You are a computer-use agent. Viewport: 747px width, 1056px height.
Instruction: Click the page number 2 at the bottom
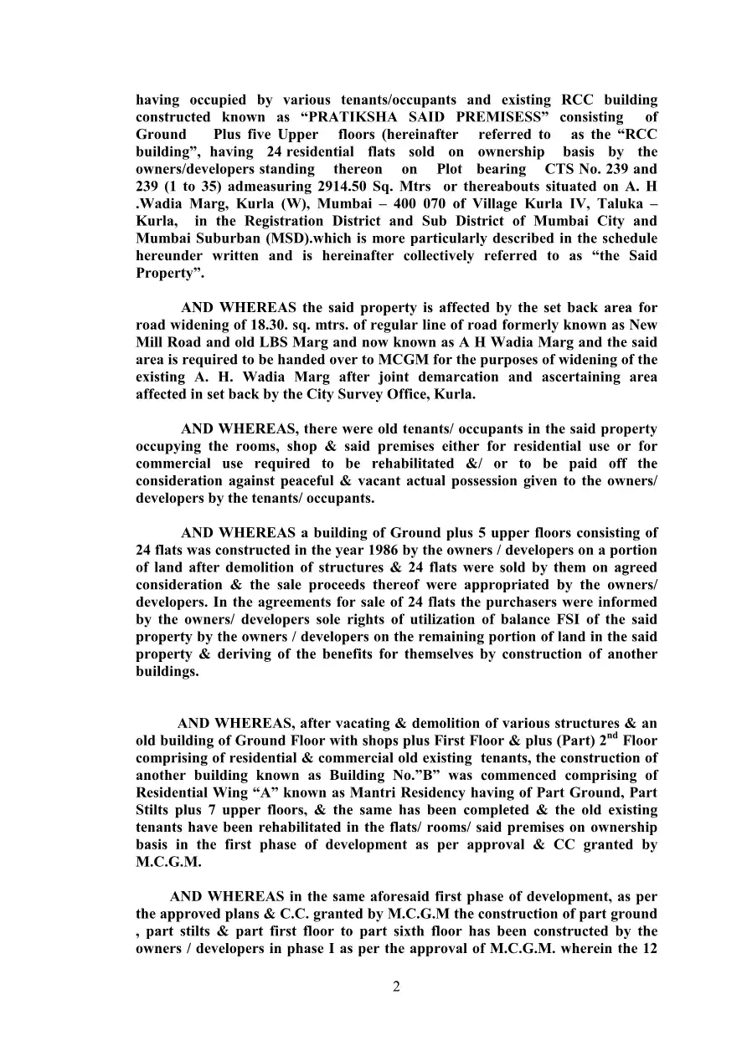coord(396,986)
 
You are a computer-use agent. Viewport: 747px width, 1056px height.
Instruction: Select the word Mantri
coord(349,792)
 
